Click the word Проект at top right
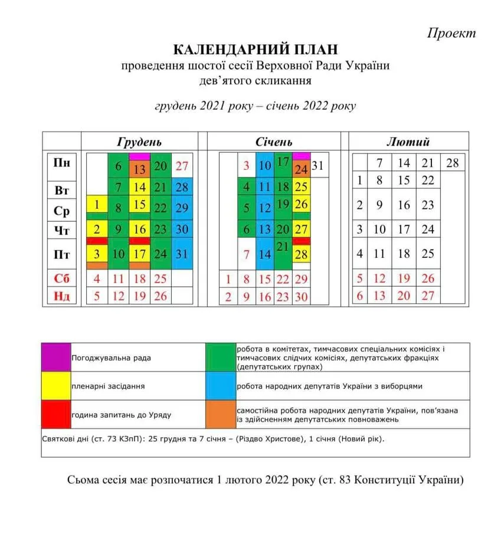451,33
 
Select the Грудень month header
139,142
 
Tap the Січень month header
274,142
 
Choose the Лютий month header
408,142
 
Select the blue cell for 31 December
182,255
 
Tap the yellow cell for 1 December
97,206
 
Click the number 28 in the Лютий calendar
452,163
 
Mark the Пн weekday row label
62,163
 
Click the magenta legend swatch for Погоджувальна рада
55,357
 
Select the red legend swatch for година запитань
55,414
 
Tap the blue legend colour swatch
220,386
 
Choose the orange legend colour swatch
220,414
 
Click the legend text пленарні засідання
108,386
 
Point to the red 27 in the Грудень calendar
182,166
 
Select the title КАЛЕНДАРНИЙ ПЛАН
256,49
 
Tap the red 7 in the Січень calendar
247,255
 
